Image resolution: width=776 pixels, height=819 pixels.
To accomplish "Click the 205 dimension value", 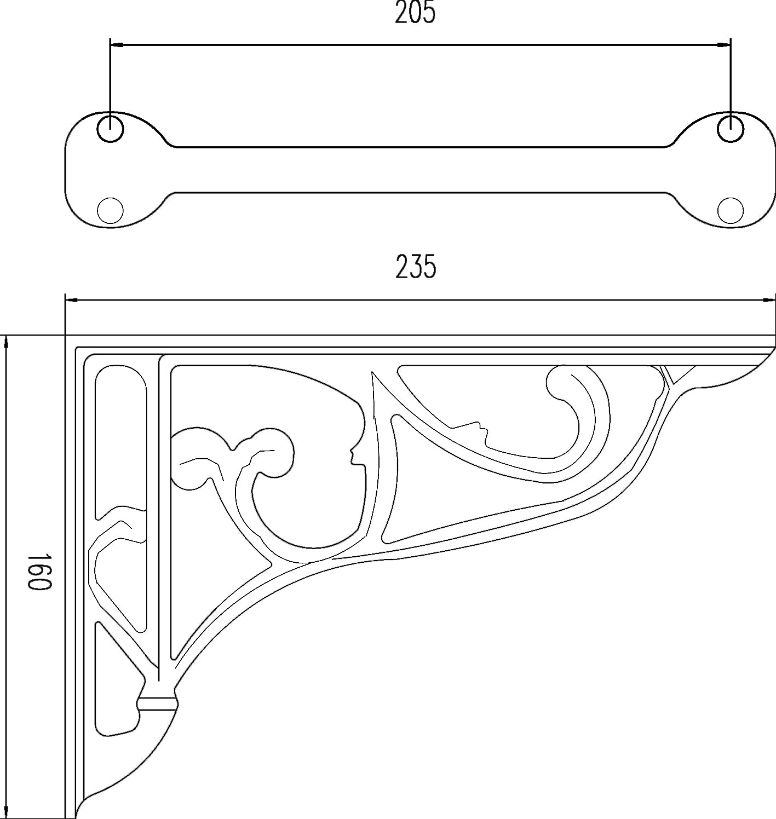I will click(415, 13).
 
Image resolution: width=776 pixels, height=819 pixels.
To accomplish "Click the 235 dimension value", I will click(416, 267).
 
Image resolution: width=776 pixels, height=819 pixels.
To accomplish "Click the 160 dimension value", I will click(39, 571).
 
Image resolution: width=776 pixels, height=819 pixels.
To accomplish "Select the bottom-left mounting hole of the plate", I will click(110, 210).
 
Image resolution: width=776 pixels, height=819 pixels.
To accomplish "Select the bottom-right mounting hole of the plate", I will click(730, 210).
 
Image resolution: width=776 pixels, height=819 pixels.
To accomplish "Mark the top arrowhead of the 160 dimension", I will click(6, 341).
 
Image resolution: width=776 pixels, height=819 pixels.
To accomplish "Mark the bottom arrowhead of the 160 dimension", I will click(6, 812).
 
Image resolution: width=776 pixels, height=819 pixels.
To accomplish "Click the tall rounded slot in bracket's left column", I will click(121, 438).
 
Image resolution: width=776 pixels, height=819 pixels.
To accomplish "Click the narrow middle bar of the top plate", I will click(420, 170).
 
